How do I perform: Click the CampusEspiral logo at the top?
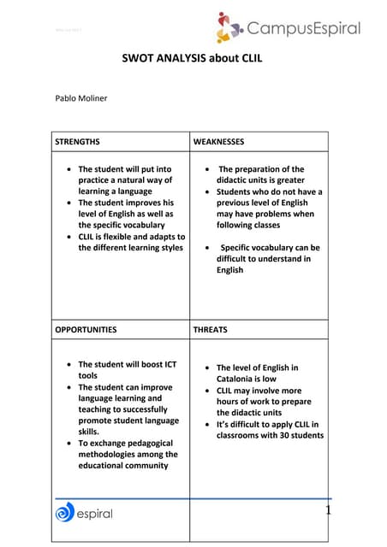288,27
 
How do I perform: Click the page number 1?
327,510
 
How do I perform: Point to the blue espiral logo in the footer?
84,513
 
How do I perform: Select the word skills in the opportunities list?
88,432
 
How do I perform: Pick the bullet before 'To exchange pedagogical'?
68,443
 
